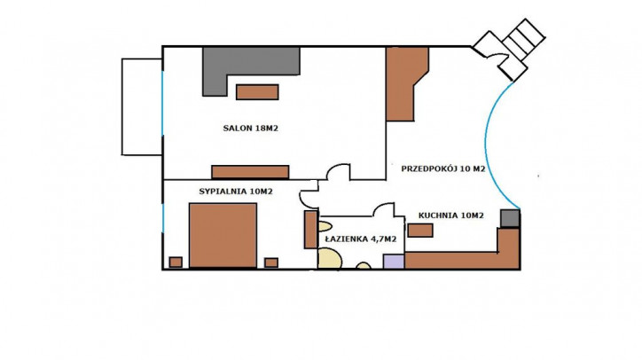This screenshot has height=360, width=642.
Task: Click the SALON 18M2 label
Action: [x=251, y=129]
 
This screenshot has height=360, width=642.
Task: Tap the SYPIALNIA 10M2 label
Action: [x=236, y=192]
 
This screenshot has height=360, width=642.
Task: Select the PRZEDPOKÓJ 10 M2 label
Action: [x=443, y=168]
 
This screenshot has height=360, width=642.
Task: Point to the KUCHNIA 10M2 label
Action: [x=450, y=215]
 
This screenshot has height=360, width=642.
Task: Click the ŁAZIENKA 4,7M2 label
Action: [x=361, y=239]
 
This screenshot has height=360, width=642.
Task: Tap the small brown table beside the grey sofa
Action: [x=257, y=92]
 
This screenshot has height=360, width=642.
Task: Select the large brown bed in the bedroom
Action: [x=223, y=236]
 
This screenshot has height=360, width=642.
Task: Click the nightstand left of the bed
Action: [x=176, y=262]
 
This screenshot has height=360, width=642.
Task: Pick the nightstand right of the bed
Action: [x=271, y=262]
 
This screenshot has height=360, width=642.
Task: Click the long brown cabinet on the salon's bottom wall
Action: [x=250, y=172]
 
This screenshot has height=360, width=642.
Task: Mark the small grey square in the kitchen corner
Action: [x=510, y=218]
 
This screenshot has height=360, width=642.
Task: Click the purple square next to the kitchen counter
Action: [x=394, y=262]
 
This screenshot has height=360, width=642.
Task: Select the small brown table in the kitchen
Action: [x=420, y=231]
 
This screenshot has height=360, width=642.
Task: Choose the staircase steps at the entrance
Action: [x=524, y=39]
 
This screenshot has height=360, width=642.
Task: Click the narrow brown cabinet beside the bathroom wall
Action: [x=310, y=230]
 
